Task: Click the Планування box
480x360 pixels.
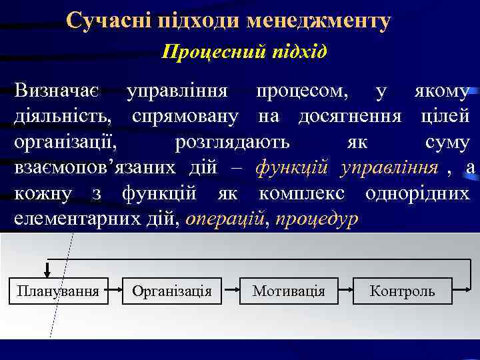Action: [58, 291]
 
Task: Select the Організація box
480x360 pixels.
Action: [172, 291]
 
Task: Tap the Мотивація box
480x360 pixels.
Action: [288, 291]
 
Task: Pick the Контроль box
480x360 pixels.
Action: [402, 291]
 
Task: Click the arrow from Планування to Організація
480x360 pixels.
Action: [113, 291]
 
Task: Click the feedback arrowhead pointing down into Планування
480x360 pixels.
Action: [47, 271]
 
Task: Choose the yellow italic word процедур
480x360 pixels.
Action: [316, 217]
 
